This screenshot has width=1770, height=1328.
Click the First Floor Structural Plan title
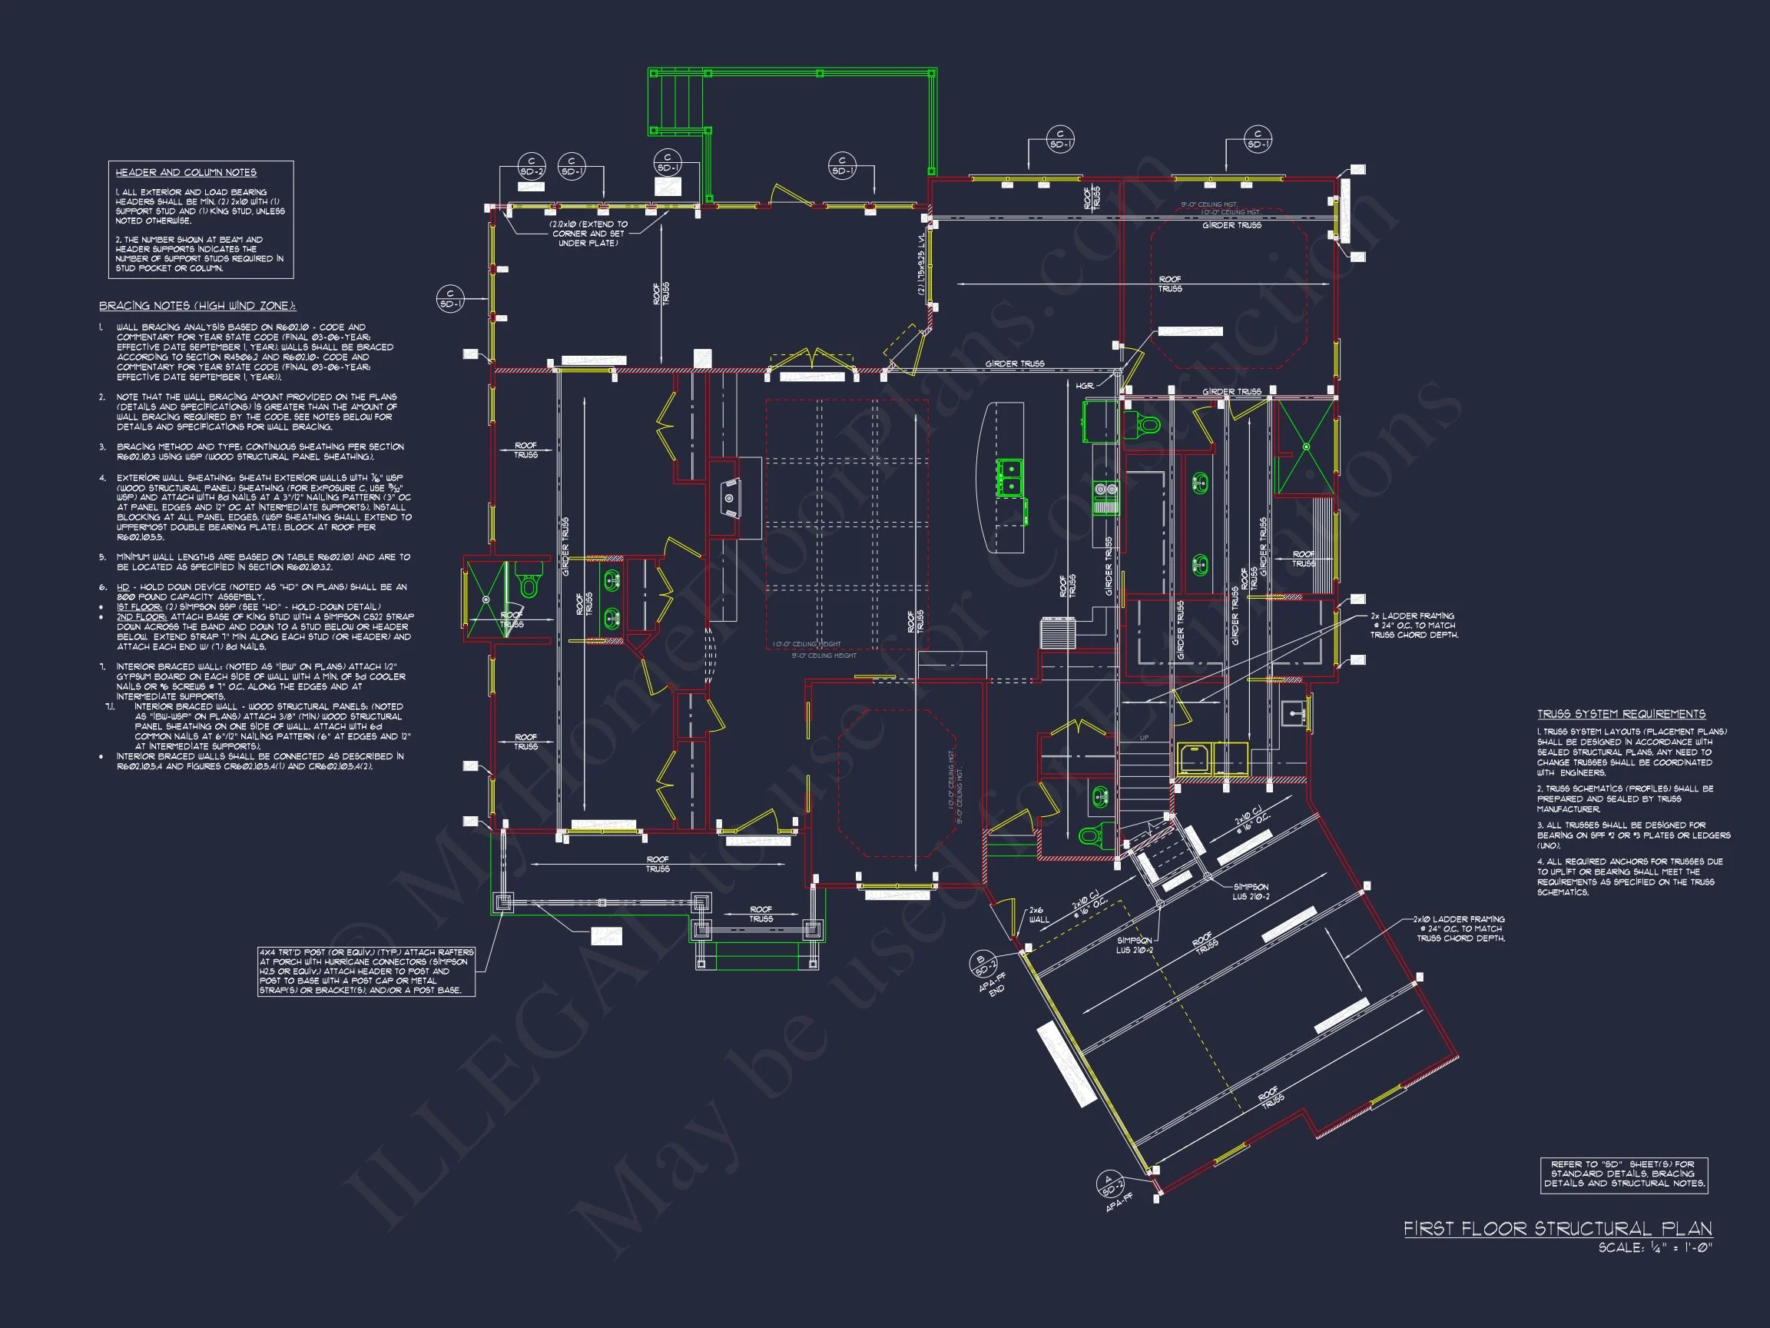pyautogui.click(x=1557, y=1229)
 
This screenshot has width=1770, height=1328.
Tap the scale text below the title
pyautogui.click(x=1654, y=1248)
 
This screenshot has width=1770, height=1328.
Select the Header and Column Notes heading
pyautogui.click(x=186, y=172)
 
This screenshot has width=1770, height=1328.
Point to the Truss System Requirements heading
pyautogui.click(x=1621, y=713)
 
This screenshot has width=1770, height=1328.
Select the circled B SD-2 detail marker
pyautogui.click(x=981, y=964)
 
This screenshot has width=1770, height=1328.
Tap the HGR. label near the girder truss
pyautogui.click(x=1084, y=386)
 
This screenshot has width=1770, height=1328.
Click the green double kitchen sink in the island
pyautogui.click(x=1009, y=478)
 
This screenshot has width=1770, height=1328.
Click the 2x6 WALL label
pyautogui.click(x=1038, y=915)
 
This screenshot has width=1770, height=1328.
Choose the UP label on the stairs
pyautogui.click(x=1143, y=737)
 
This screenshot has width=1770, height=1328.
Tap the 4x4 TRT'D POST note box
pyautogui.click(x=366, y=971)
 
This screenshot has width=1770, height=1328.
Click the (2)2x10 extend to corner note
pyautogui.click(x=588, y=234)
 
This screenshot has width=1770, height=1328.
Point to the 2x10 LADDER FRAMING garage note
pyautogui.click(x=1460, y=928)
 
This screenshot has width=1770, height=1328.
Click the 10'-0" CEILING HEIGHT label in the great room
pyautogui.click(x=807, y=644)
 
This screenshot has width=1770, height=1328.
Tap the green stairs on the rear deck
pyautogui.click(x=678, y=101)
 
